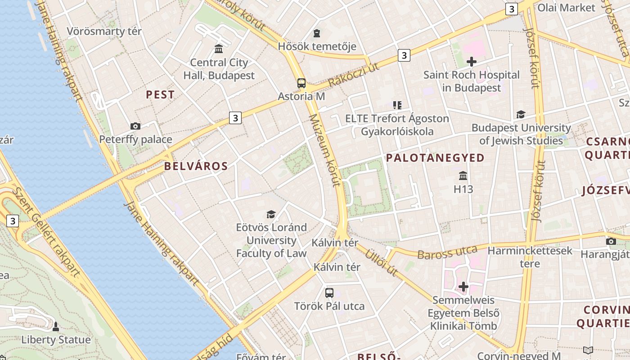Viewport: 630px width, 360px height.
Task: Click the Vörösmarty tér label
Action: click(104, 31)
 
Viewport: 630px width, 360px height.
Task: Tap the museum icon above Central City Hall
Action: click(219, 49)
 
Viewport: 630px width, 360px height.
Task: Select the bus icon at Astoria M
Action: click(301, 83)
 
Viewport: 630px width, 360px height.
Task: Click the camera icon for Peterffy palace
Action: click(135, 126)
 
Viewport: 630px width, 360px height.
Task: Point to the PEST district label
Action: click(160, 94)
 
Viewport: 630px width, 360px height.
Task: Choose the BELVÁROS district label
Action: click(196, 166)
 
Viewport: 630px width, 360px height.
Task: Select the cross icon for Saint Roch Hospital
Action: click(472, 61)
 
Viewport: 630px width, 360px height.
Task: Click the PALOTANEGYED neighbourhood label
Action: click(435, 157)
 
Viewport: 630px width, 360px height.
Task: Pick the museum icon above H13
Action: click(463, 175)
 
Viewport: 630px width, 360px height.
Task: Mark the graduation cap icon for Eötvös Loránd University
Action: click(271, 214)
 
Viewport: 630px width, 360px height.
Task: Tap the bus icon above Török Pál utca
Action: click(329, 292)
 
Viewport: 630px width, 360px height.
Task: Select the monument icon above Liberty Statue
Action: click(56, 326)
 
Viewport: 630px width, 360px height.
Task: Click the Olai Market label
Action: click(566, 8)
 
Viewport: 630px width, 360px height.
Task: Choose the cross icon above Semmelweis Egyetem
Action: click(463, 286)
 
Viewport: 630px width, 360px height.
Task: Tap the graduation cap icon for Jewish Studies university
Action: click(521, 114)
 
